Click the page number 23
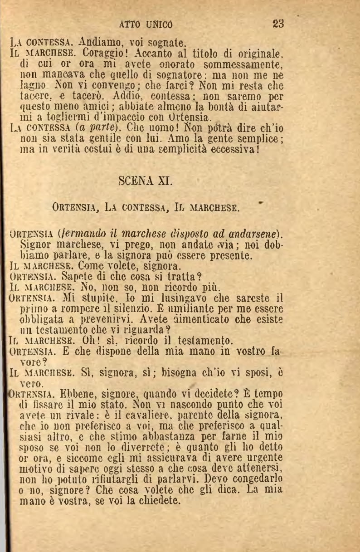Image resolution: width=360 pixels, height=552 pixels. click(278, 24)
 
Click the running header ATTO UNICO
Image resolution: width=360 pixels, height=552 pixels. click(146, 24)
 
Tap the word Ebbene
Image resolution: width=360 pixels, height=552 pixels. click(56, 393)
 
